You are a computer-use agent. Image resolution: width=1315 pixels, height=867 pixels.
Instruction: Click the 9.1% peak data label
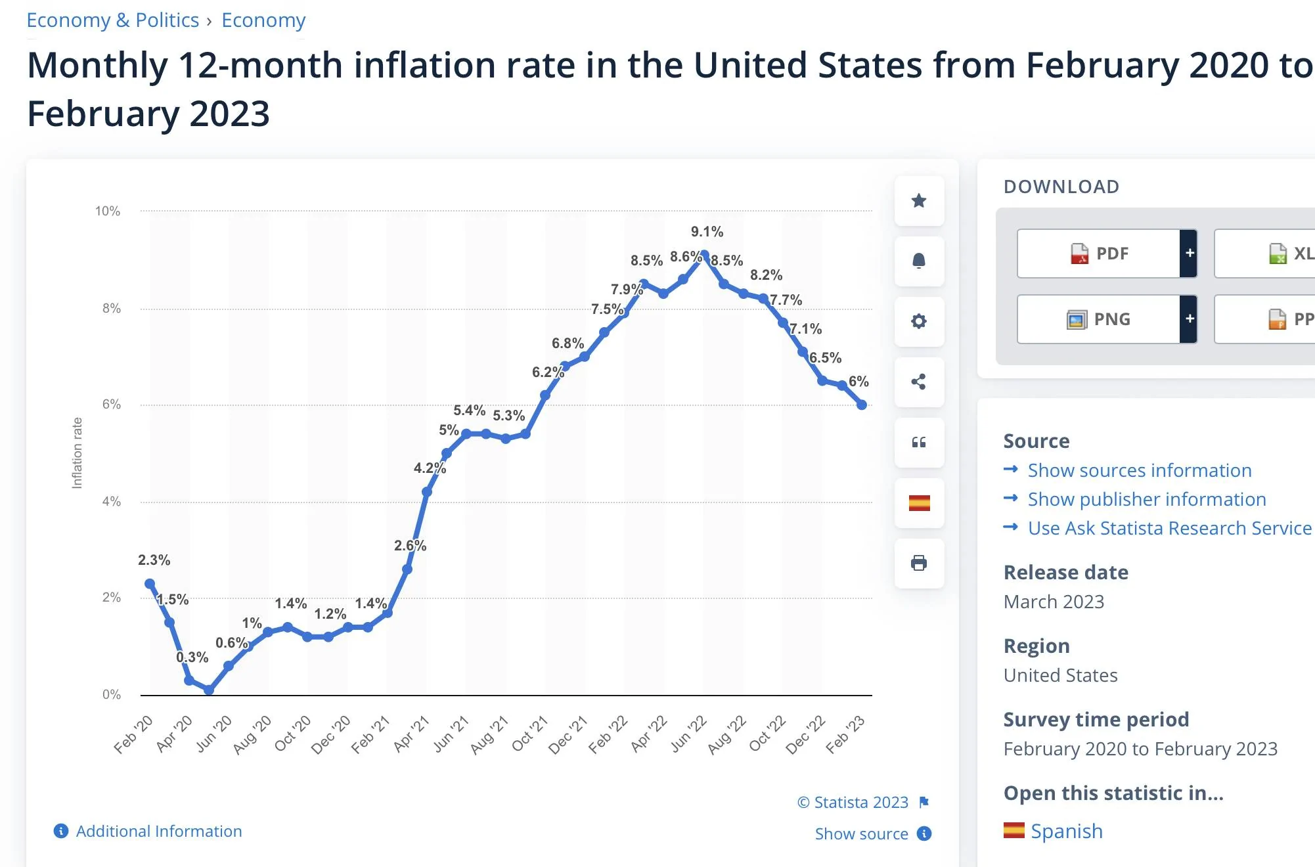coord(707,232)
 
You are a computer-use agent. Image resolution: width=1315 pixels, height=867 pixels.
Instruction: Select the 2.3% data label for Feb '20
coord(154,560)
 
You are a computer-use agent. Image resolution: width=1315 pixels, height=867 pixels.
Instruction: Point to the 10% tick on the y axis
coord(108,211)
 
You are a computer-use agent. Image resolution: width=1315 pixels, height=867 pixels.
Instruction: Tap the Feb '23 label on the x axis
coord(845,734)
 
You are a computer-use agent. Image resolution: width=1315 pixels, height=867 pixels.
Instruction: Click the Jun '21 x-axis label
coord(451,734)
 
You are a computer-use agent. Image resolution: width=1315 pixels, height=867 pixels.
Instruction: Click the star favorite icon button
coord(919,200)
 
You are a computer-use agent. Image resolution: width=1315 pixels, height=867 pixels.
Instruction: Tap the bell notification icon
coord(919,261)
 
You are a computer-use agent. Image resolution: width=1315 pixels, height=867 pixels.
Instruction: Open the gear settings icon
coord(919,321)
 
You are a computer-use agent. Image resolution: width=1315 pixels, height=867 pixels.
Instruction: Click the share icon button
coord(919,382)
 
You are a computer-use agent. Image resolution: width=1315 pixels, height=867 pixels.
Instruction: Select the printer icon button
coord(919,563)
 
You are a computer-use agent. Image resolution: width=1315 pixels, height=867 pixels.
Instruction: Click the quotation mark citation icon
coord(919,442)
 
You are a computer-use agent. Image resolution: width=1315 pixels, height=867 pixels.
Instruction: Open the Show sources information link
coord(1139,470)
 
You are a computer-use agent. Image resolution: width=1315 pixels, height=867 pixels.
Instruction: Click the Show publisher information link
coord(1146,499)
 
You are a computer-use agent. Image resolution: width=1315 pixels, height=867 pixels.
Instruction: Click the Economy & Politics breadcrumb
coord(112,20)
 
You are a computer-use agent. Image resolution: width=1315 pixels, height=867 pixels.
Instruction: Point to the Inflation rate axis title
coord(77,453)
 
